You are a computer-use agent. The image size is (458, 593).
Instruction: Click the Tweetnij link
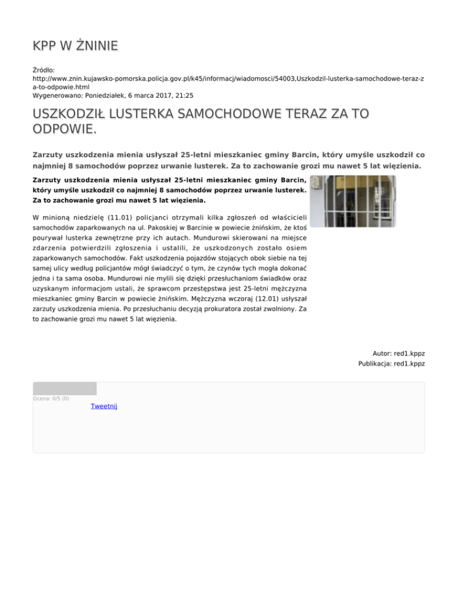pyautogui.click(x=104, y=406)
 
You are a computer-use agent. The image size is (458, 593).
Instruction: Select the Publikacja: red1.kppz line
pyautogui.click(x=391, y=363)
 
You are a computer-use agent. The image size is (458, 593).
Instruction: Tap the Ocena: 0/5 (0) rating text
pyautogui.click(x=51, y=399)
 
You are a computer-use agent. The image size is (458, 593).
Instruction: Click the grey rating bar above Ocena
pyautogui.click(x=64, y=388)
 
